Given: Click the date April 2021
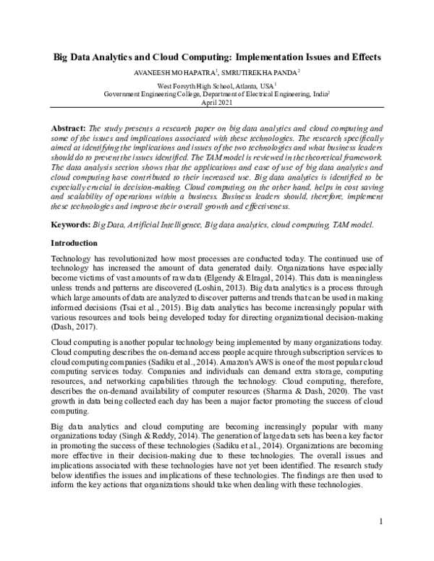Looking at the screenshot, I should (x=217, y=103).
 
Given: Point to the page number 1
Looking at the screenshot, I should (x=380, y=521).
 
